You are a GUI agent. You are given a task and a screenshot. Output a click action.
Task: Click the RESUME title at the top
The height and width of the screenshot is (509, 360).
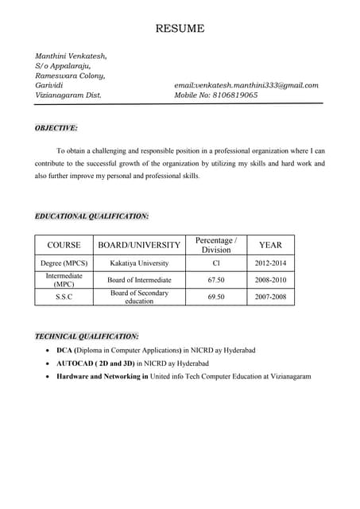click(x=180, y=29)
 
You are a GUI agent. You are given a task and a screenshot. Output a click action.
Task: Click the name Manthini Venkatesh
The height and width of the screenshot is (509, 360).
click(x=71, y=56)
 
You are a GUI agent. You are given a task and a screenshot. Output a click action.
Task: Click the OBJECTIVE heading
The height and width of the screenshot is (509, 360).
click(x=56, y=127)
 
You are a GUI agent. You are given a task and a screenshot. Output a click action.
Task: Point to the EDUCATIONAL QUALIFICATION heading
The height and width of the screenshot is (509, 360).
click(x=91, y=216)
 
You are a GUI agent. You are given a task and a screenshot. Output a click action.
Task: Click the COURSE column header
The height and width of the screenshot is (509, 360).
click(x=64, y=245)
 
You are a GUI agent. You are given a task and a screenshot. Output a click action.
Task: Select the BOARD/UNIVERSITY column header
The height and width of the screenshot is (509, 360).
click(x=139, y=245)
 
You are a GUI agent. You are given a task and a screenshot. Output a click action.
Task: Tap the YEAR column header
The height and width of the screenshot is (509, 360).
click(x=270, y=245)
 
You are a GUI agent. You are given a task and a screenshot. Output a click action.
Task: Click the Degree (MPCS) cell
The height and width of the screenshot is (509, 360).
click(x=64, y=263)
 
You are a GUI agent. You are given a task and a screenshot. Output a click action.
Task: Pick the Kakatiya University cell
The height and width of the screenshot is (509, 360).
click(x=139, y=263)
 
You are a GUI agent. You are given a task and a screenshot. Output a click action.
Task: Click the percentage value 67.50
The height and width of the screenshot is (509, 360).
click(x=216, y=280)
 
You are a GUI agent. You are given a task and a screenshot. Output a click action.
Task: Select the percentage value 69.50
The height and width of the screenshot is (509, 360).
click(x=216, y=297)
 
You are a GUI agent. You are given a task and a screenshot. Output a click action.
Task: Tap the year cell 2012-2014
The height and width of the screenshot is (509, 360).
click(x=270, y=263)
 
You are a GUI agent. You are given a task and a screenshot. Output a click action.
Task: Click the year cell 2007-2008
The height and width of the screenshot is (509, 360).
click(x=270, y=297)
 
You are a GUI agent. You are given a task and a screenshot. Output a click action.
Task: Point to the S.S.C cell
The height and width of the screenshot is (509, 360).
click(x=64, y=297)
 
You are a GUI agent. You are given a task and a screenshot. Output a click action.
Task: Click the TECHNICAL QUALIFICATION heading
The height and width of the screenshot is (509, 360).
click(x=87, y=336)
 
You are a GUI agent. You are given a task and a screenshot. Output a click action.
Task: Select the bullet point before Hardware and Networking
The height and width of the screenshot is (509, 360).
click(x=49, y=376)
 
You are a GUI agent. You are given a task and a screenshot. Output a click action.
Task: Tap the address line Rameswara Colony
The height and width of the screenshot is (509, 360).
click(x=70, y=76)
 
